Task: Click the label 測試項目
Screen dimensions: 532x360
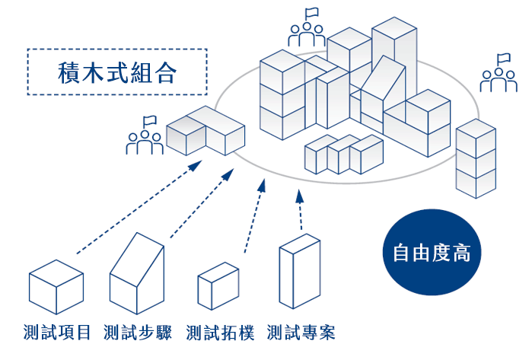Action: coord(57,332)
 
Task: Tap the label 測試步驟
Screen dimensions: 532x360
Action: coord(138,332)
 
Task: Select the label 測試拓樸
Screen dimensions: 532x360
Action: coord(220,332)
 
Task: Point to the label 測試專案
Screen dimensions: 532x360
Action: coord(301,332)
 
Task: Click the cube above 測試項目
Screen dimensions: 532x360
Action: coord(56,287)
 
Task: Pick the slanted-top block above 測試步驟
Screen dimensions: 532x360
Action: coord(137,273)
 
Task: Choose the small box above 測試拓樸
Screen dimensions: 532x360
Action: coord(218,286)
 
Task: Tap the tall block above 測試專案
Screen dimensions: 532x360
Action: coord(300,271)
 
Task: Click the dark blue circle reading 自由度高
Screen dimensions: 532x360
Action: coord(432,252)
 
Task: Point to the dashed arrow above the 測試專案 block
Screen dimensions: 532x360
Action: coord(300,210)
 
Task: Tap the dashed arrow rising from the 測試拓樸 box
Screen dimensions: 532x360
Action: coord(254,216)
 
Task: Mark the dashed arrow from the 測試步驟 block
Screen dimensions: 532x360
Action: coord(202,203)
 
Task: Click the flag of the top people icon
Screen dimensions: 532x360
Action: coord(311,13)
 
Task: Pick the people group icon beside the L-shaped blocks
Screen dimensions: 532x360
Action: coord(145,135)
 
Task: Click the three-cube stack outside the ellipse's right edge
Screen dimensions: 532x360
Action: coord(476,158)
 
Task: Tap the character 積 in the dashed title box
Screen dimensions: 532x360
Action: coord(70,72)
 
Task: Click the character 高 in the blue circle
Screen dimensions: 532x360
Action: coord(461,253)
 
